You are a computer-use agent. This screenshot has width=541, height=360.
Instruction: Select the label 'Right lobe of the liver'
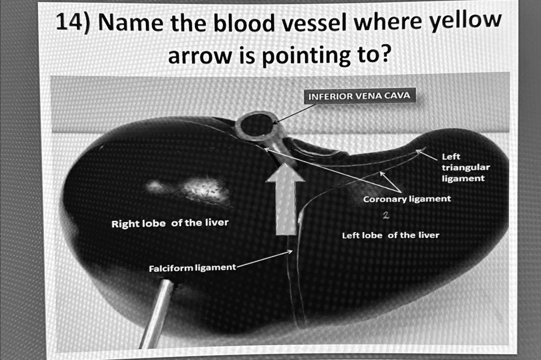[170, 223]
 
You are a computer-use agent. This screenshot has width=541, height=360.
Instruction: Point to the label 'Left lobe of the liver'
[390, 235]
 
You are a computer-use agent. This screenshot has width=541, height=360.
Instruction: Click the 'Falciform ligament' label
[192, 268]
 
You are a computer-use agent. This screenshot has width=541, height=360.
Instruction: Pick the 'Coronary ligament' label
[407, 199]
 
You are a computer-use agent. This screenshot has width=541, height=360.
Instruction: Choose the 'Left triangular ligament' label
[463, 168]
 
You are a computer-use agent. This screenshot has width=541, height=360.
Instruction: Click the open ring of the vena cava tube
[256, 125]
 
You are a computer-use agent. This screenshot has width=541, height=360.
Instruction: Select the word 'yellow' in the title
[466, 22]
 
